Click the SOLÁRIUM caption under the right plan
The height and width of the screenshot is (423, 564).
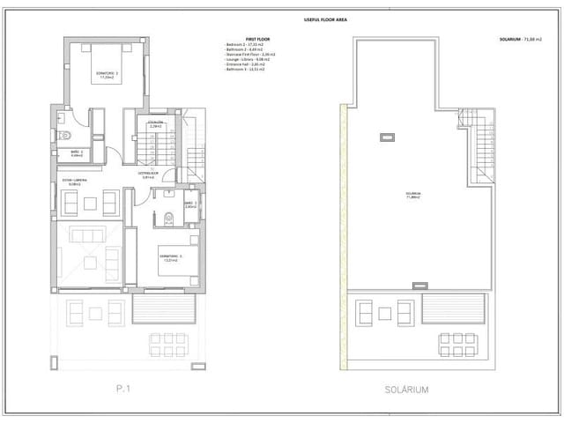[406, 388]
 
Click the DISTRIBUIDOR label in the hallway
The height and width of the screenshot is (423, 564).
[148, 174]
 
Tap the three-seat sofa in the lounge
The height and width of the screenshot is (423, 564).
[88, 234]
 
